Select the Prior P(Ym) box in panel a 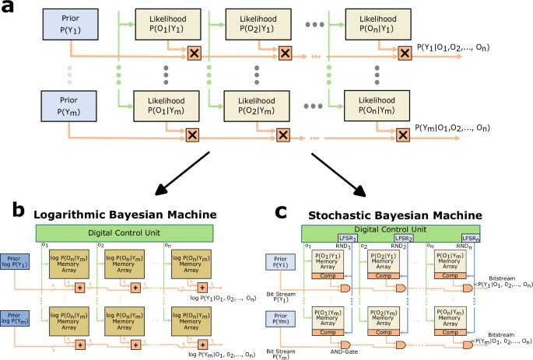point(69,108)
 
